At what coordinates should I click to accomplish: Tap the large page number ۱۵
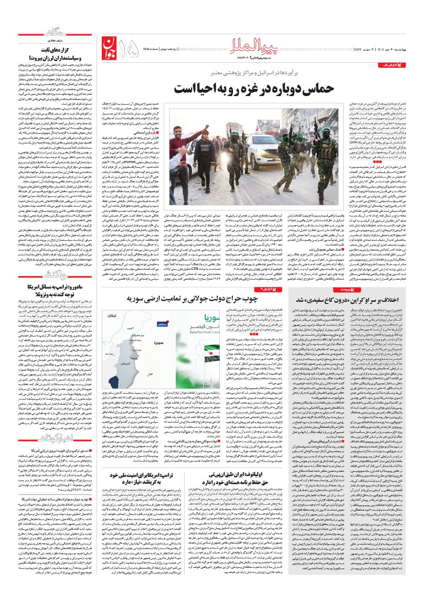point(127,48)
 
